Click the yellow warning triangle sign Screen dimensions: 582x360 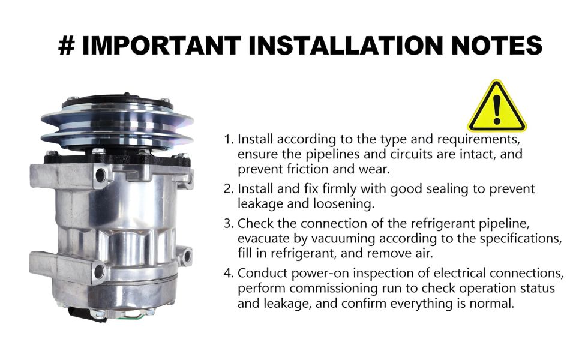point(497,107)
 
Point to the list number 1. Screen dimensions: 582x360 point(229,140)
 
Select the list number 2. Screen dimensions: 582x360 point(229,189)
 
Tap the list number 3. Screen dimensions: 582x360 point(229,224)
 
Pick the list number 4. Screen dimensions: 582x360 point(229,274)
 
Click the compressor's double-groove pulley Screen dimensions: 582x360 point(117,124)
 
